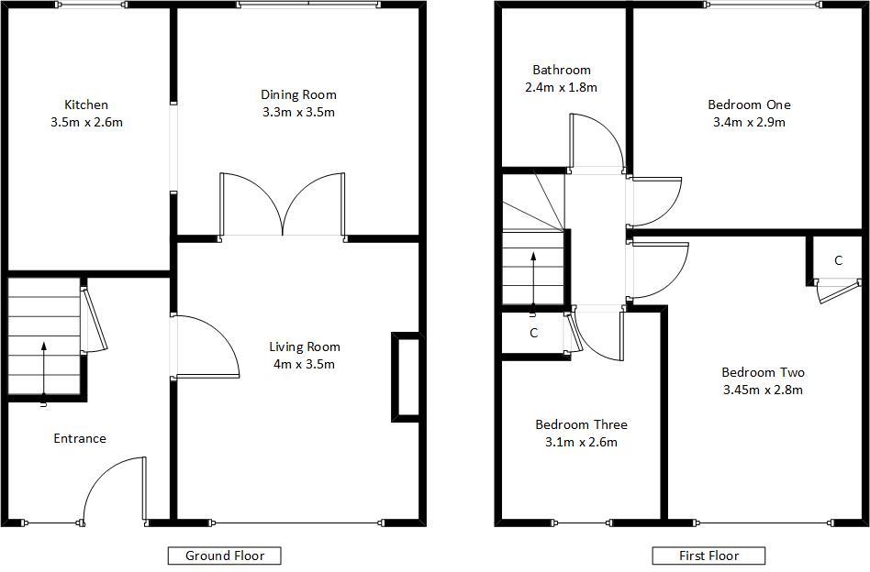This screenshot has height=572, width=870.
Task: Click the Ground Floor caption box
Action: point(225,555)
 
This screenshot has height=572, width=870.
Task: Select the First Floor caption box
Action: point(708,555)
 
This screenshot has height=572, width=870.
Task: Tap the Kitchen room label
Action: point(86,104)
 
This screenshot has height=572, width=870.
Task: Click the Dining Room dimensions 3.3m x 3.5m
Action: point(298,112)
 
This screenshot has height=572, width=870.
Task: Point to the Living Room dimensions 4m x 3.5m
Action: point(304,364)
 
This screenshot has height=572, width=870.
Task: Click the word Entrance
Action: point(80,438)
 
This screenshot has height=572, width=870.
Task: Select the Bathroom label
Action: point(562,70)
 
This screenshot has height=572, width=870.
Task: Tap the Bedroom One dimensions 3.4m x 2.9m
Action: point(749,122)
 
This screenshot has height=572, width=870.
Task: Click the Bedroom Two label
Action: point(763,372)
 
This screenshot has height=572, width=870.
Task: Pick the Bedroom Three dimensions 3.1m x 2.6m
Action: point(582,442)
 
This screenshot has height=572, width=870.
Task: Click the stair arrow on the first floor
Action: point(533,279)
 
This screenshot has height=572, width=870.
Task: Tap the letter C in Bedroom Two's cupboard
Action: point(839,260)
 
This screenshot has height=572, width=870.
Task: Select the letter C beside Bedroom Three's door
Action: point(534,333)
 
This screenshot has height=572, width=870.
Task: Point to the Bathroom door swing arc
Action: point(609,128)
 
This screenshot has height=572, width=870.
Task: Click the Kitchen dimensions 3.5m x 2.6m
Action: point(86,122)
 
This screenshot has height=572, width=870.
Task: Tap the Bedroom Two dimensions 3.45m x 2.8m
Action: point(763,390)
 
